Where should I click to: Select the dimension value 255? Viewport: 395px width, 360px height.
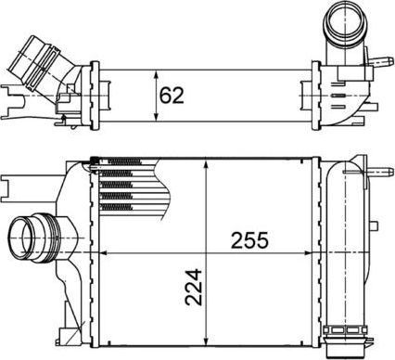point(249,240)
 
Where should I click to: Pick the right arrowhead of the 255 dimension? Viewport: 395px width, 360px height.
point(312,252)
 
